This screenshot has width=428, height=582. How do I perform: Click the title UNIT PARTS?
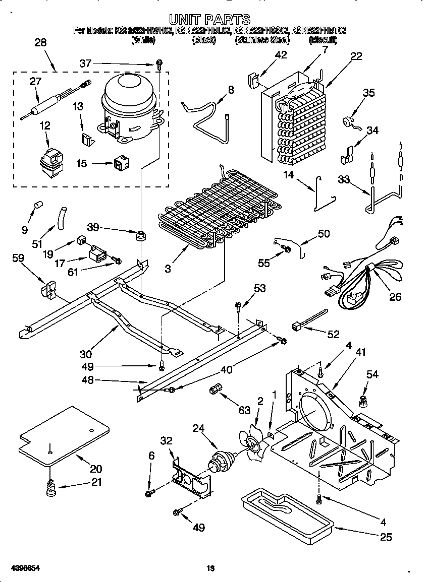[x=209, y=20]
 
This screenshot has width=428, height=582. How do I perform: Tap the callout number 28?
[x=40, y=43]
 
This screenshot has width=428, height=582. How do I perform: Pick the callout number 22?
[x=356, y=56]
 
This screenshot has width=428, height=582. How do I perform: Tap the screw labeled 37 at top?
[x=159, y=64]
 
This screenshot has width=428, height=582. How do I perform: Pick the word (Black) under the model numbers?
[x=203, y=40]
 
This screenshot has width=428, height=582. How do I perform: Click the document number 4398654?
[x=21, y=568]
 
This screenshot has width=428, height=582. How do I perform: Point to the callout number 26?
[x=395, y=297]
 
